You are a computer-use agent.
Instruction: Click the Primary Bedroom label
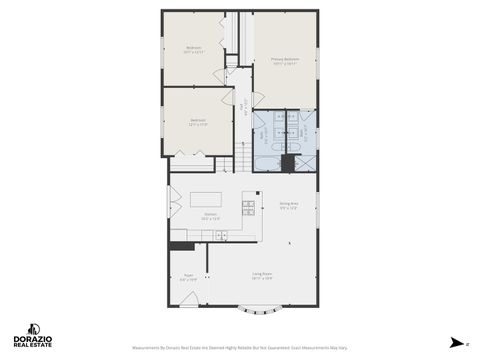pos(285,61)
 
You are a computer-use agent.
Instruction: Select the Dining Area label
pos(288,207)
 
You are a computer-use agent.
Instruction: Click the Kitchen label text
pos(211,217)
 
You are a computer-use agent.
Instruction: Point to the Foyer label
pos(188,279)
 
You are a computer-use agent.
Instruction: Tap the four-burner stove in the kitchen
pos(247,208)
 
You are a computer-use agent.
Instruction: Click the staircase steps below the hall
pos(244,160)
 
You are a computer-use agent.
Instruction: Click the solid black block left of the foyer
pos(181,245)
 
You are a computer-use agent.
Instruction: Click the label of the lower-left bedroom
pos(198,123)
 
